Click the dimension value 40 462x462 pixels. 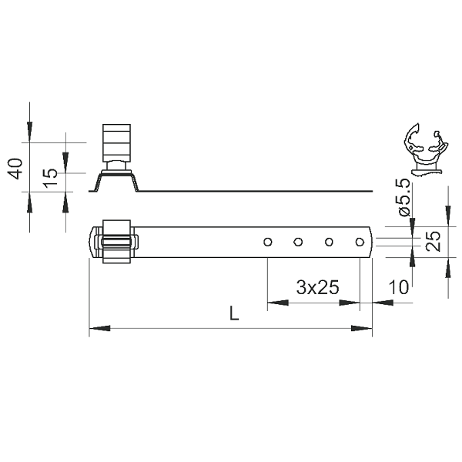[x=15, y=169]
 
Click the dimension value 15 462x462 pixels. [x=51, y=178]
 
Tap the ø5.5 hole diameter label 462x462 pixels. [x=403, y=197]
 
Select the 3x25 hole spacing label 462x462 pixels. [x=317, y=287]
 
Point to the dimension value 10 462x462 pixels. [x=399, y=287]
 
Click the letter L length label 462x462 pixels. [x=234, y=313]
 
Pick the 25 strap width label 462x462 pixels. [x=434, y=241]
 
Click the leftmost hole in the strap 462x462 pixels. [x=267, y=243]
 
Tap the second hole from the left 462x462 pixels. [x=298, y=243]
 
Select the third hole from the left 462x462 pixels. [x=329, y=243]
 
